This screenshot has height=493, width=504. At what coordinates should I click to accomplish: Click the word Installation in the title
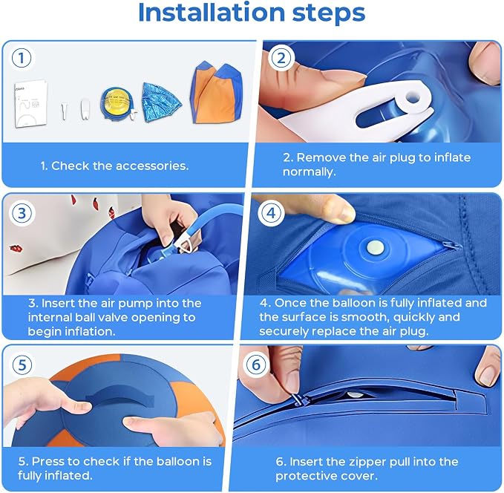[x=212, y=13]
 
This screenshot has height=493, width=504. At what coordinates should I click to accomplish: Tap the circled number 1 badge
[x=22, y=58]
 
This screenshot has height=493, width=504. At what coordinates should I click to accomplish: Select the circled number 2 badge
[x=281, y=58]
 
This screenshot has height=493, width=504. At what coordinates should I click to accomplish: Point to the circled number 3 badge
[x=22, y=213]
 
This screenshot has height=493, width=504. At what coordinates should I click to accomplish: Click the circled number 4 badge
[x=272, y=213]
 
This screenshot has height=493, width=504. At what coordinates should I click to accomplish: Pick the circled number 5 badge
[x=22, y=365]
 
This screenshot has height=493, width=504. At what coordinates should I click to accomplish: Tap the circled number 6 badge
[x=256, y=365]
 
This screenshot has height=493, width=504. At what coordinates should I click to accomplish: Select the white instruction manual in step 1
[x=31, y=105]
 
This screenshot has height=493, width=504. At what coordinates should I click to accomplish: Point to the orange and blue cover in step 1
[x=216, y=94]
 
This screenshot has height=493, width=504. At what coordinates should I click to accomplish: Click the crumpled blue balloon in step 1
[x=161, y=102]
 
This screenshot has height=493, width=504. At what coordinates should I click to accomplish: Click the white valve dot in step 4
[x=375, y=247]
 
